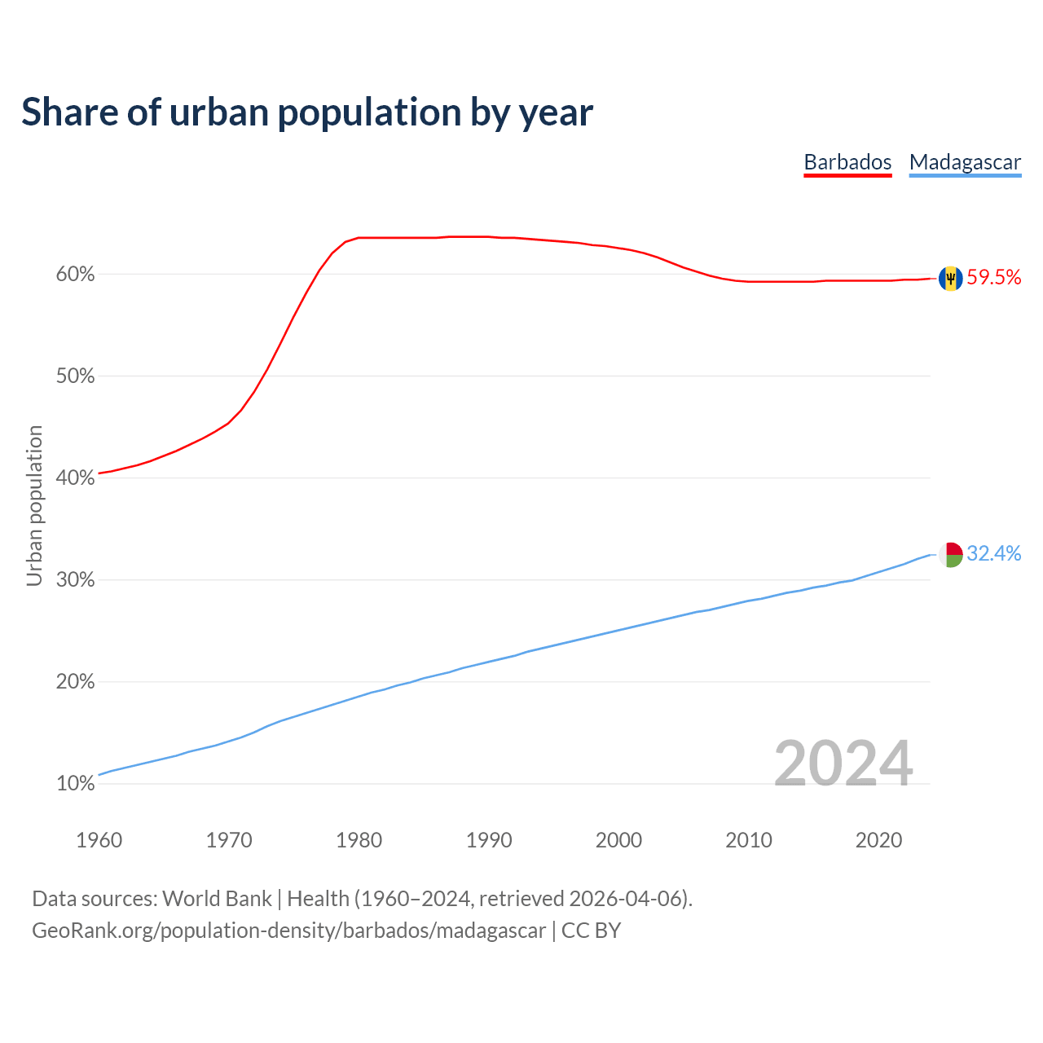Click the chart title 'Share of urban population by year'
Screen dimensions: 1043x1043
307,112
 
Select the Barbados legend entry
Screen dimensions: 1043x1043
847,162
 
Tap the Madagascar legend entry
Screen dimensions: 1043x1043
965,162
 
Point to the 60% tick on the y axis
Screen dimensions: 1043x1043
75,275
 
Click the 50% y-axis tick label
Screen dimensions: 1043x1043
75,376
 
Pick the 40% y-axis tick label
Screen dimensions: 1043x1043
75,478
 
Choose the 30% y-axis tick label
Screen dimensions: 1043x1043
75,580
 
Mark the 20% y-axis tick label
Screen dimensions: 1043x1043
75,682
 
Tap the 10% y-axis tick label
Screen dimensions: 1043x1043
75,784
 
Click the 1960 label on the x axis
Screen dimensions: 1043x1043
99,840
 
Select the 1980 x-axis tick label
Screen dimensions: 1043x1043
359,840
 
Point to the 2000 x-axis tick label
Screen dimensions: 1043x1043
618,840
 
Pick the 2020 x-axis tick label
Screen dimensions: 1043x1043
878,840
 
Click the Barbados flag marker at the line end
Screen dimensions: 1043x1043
950,279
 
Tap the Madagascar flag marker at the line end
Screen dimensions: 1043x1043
950,555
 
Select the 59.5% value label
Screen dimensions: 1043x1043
994,278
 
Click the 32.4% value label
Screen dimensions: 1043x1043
994,554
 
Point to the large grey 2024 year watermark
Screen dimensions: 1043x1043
843,764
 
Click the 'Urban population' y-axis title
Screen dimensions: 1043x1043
34,505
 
